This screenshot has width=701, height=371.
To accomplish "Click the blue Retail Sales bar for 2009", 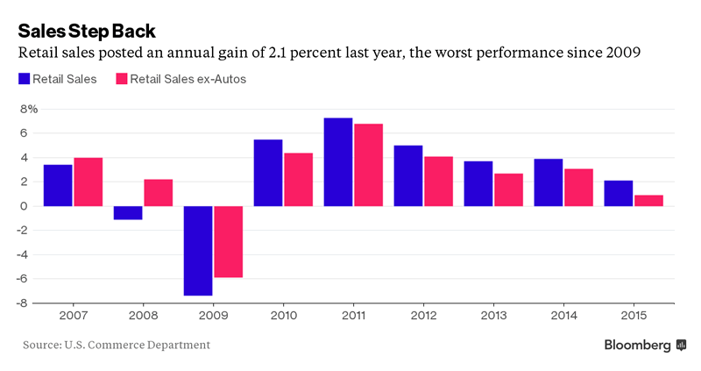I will tap(198, 251).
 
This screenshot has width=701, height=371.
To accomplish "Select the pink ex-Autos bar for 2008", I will tap(159, 193).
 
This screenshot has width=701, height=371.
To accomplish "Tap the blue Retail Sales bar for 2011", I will tap(338, 162).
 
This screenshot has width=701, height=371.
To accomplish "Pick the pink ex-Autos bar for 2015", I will tap(649, 201).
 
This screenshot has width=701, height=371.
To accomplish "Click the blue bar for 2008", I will tap(128, 213).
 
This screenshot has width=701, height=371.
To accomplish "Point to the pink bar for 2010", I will tap(299, 180).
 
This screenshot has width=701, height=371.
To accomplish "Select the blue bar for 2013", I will tap(478, 183).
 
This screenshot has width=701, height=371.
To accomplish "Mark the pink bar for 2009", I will tap(229, 242).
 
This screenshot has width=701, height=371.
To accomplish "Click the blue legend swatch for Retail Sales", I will tap(23, 79).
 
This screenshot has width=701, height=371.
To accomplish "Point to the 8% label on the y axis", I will tap(29, 109).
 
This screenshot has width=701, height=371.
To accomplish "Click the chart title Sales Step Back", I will tap(87, 32).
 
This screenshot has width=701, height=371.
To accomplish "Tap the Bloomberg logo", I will tap(645, 345).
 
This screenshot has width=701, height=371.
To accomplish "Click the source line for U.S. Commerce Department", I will tap(117, 345).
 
